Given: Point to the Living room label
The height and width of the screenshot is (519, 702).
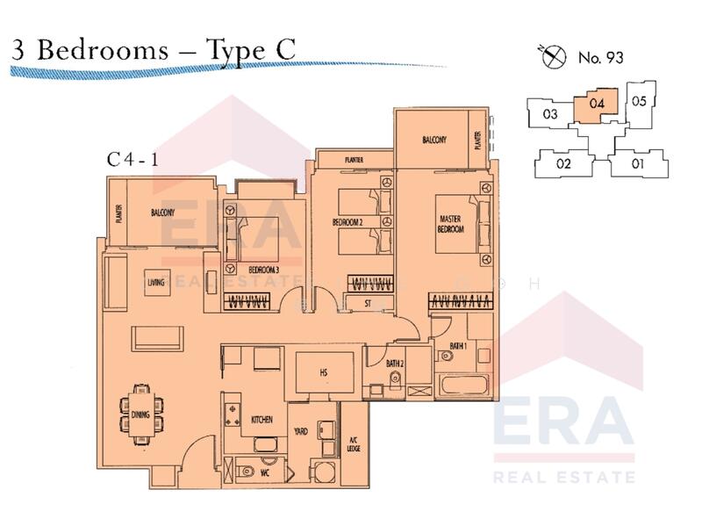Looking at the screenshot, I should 157,282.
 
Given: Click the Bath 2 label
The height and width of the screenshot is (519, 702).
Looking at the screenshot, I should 395,363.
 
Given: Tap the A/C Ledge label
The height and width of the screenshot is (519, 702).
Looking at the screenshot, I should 354,443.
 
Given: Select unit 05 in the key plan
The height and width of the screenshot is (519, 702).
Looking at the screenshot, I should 639,101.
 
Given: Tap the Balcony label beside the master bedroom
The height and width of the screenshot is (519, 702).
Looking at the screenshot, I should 433,140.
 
